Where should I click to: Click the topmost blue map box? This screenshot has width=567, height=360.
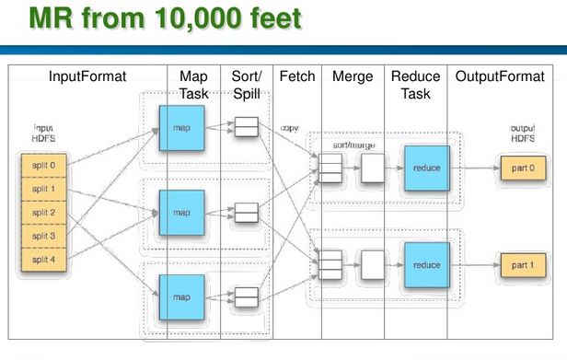(180, 128)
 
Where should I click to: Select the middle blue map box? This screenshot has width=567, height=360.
(180, 213)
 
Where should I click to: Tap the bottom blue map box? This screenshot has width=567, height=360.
(180, 296)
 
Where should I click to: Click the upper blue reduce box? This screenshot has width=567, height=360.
(425, 169)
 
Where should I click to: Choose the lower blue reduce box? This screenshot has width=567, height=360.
(425, 265)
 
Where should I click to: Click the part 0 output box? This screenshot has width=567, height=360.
(522, 169)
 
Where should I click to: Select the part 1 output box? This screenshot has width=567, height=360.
(522, 265)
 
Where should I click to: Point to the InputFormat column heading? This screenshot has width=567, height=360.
(87, 76)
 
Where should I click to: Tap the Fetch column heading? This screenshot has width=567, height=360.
(296, 76)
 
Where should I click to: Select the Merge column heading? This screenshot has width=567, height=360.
(353, 76)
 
